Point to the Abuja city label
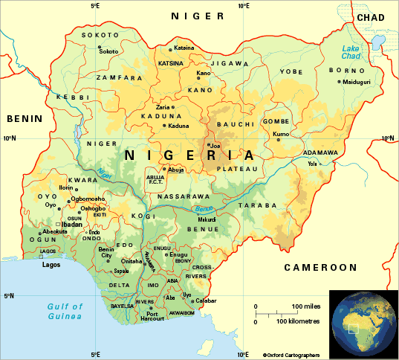[176, 170]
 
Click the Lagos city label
[51, 264]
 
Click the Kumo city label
[281, 134]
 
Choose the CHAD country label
[371, 16]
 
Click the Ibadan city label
[71, 223]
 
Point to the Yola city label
[312, 164]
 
